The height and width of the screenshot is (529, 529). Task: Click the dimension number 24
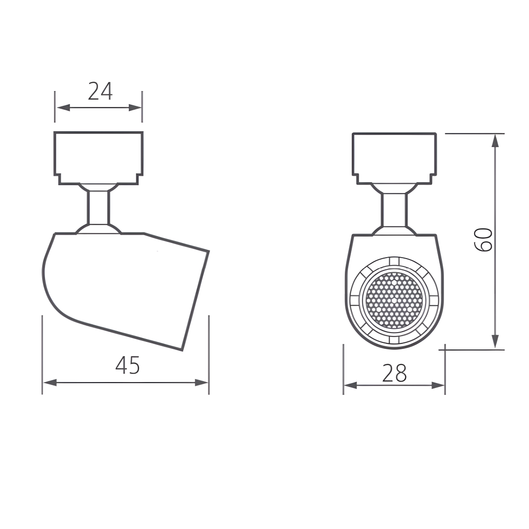point(100,92)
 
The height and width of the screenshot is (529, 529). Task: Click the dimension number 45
point(127,365)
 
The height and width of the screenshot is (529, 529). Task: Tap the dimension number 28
point(394,374)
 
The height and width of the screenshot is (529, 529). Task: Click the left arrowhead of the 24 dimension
point(63,108)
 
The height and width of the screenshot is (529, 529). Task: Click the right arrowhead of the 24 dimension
point(135,108)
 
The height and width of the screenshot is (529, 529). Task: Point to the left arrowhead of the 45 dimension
point(49,383)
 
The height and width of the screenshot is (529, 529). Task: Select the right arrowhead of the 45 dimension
point(202,383)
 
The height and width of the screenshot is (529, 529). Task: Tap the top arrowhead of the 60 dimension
point(495,141)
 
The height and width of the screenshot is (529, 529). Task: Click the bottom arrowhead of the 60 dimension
point(495,341)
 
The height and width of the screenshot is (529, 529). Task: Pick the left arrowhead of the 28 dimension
point(350,385)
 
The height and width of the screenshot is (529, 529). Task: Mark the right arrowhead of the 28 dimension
point(438,385)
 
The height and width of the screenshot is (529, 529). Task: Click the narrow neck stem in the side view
point(98,207)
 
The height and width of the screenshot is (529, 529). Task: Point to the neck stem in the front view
point(394,210)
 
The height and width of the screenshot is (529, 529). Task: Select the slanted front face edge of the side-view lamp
point(195,301)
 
